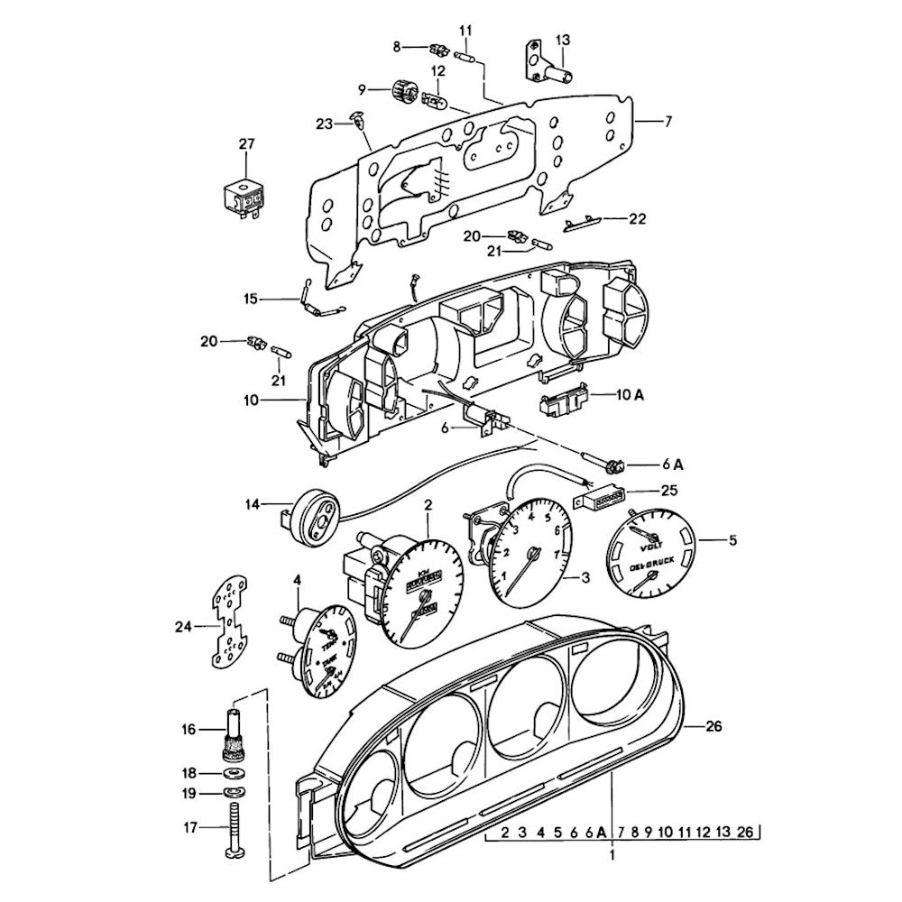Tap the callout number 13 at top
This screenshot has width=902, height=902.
(x=563, y=40)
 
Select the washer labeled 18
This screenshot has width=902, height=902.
(x=235, y=774)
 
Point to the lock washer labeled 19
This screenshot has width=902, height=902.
(x=235, y=793)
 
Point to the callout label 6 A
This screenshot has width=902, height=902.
(x=672, y=464)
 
